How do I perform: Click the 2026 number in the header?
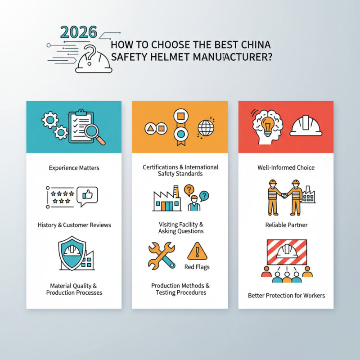(x=78, y=32)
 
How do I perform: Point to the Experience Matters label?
(x=74, y=168)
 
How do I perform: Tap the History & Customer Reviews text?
(x=74, y=225)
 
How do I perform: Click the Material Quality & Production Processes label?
(x=74, y=289)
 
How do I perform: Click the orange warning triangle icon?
(x=197, y=251)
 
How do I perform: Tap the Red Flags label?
(x=197, y=267)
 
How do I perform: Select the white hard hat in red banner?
(x=306, y=126)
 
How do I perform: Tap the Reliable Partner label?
(x=286, y=225)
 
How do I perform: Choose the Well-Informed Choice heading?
(x=286, y=168)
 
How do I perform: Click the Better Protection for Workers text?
(x=286, y=296)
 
